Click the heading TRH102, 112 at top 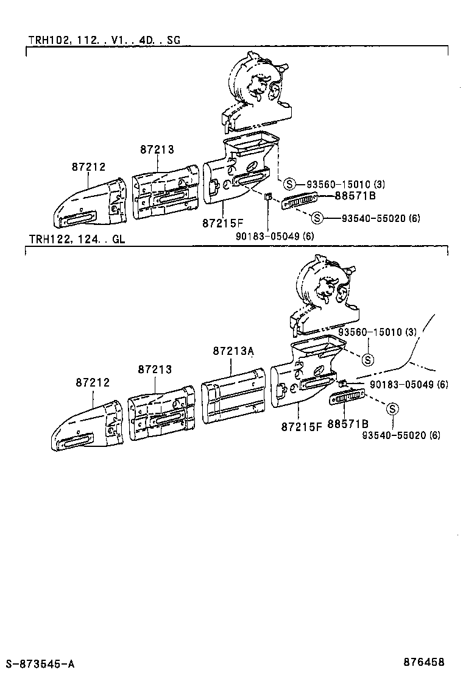tap(104, 40)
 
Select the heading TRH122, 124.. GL tap(76, 239)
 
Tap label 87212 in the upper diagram tap(88, 166)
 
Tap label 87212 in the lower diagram tap(93, 382)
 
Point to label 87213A tap(233, 351)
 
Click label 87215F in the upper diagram tap(222, 224)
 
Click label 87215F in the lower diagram tap(301, 426)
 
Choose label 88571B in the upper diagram tap(355, 196)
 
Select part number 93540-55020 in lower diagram tap(400, 435)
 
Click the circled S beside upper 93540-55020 tap(317, 218)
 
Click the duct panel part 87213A tap(233, 396)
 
